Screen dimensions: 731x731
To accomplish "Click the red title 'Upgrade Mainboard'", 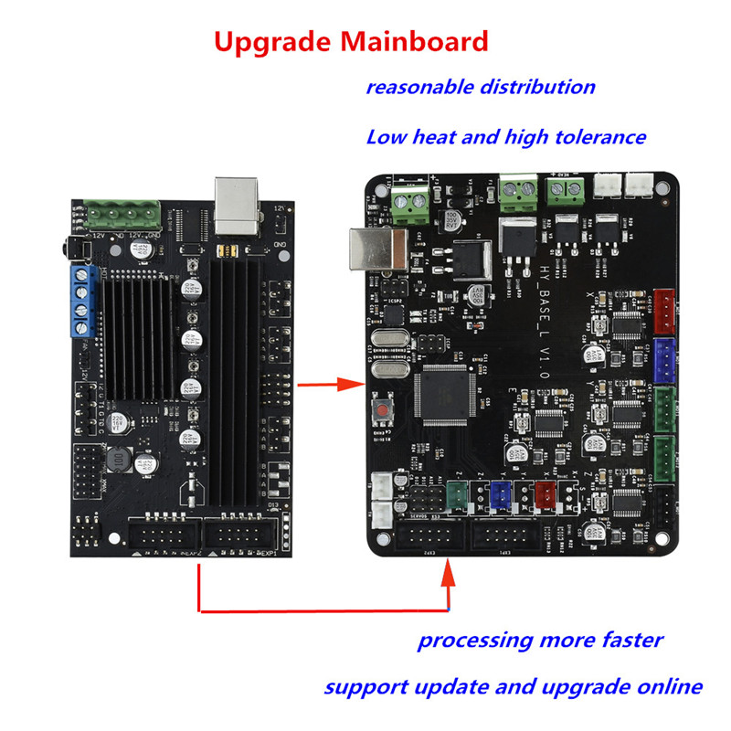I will click(x=351, y=41).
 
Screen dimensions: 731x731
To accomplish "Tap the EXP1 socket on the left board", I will click(x=239, y=535).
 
